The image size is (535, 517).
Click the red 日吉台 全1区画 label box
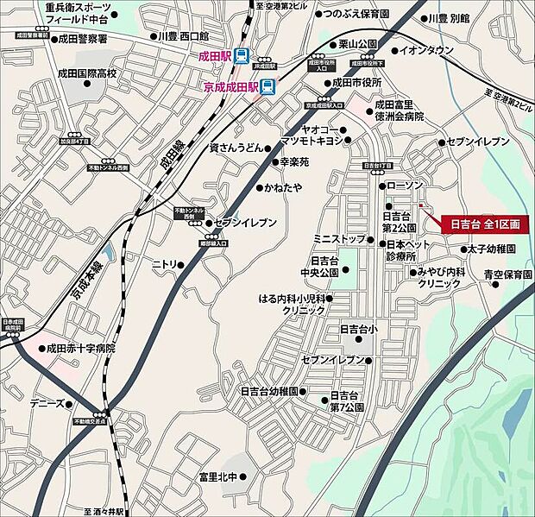(x=483, y=224)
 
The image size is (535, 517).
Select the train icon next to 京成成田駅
(x=269, y=86)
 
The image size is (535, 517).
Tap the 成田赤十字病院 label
(x=80, y=349)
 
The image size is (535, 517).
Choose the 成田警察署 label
(x=83, y=39)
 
